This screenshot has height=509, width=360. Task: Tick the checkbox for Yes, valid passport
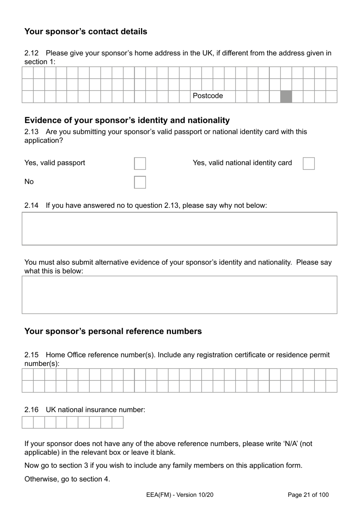tap(140, 163)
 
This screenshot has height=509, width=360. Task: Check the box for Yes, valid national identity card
tap(308, 163)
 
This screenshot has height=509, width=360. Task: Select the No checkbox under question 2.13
tap(140, 182)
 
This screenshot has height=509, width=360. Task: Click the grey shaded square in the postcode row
tap(286, 96)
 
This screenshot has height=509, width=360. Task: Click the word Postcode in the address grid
tap(208, 96)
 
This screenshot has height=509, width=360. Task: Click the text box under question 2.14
tap(179, 228)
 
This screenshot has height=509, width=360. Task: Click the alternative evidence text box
tap(179, 295)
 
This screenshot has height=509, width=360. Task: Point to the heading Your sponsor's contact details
tap(86, 31)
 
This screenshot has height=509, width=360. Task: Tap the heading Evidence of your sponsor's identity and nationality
tap(127, 120)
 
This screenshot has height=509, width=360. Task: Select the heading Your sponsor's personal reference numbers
tap(113, 331)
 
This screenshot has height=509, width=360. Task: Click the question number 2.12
tap(31, 53)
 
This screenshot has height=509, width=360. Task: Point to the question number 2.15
tap(31, 355)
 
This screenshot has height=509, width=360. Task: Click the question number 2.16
tap(31, 410)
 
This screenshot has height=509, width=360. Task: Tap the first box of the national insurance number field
tap(28, 422)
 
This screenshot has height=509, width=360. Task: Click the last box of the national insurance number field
tap(117, 422)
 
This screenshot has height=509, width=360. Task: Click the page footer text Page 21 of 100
tap(308, 495)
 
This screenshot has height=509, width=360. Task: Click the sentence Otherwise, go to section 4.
tap(67, 479)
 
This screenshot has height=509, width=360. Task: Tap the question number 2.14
tap(31, 206)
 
